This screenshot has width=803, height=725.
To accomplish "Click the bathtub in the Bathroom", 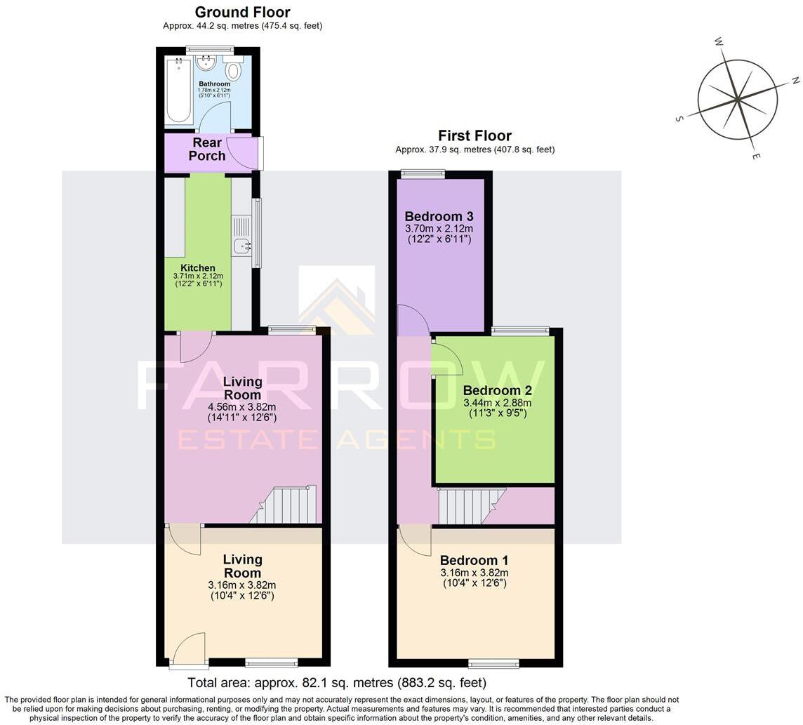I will (x=179, y=91).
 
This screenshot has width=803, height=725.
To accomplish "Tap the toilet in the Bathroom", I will (x=233, y=69).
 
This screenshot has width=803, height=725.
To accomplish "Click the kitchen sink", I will (x=242, y=246).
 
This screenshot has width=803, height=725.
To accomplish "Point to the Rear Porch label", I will (x=207, y=149).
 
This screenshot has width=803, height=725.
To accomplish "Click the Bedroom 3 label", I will (x=439, y=216).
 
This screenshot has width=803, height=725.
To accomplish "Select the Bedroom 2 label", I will (x=497, y=390).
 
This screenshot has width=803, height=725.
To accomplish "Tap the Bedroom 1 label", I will (x=474, y=560).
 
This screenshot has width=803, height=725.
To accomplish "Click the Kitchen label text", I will (x=198, y=268).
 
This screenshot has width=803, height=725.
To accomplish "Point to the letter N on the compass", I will (x=796, y=81).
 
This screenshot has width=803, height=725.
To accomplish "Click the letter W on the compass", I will (x=719, y=42).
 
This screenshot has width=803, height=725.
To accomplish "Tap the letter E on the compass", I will (x=755, y=156).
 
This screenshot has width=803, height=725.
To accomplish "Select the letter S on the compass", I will (x=679, y=119).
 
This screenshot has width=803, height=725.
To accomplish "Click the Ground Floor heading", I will (x=242, y=12).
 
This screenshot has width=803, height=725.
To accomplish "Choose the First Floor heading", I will (x=474, y=135).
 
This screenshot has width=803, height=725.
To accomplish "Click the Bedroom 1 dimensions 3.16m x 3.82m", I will (x=474, y=573).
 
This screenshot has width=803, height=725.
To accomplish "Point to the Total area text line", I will (x=337, y=682).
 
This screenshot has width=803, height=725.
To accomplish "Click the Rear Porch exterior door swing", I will (x=242, y=153).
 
